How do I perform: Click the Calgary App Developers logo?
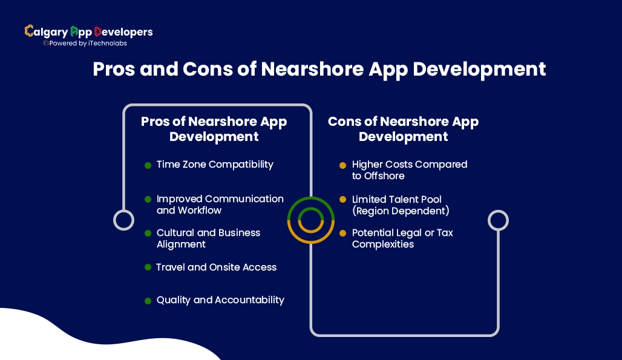[x=88, y=31]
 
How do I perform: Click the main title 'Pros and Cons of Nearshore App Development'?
[x=319, y=69]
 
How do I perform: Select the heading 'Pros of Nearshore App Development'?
[x=214, y=129]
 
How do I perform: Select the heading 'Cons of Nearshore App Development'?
[x=403, y=129]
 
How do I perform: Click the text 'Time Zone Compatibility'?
[x=215, y=165]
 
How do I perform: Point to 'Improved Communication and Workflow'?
[x=220, y=205]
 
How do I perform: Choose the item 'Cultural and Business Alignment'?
[x=208, y=238]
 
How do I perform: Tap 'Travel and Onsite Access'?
[x=216, y=267]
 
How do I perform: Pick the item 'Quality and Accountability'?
[x=220, y=300]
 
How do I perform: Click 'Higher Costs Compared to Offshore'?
[x=410, y=170]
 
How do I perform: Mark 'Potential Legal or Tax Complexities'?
[x=402, y=238]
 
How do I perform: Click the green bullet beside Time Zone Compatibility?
[x=148, y=165]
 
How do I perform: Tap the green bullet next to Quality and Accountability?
[x=148, y=301]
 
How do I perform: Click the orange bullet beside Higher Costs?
[x=342, y=165]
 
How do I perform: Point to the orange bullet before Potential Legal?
[x=342, y=233]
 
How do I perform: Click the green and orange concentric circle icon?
[x=311, y=220]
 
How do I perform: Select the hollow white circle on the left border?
[x=123, y=220]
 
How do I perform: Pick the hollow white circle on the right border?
[x=498, y=220]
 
